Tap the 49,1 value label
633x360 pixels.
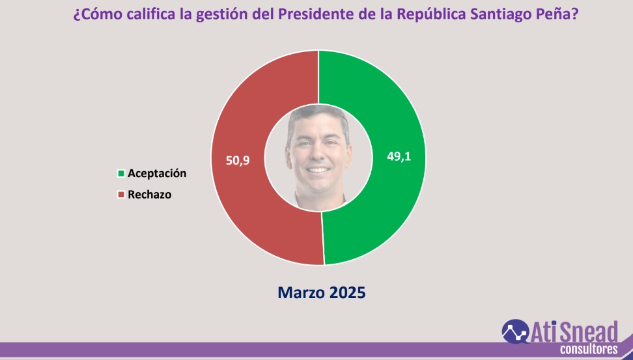399,157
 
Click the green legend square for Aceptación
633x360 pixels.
120,174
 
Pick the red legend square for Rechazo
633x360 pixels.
120,195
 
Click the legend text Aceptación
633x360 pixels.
157,174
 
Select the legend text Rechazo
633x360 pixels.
150,195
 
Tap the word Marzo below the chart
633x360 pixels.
300,293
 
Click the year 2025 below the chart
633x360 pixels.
346,293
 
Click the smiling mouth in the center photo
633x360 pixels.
318,170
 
